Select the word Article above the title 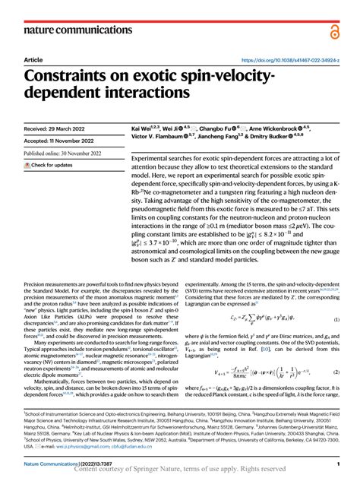(x=33, y=59)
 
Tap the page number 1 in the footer (x=337, y=463)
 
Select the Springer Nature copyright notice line (x=179, y=470)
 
